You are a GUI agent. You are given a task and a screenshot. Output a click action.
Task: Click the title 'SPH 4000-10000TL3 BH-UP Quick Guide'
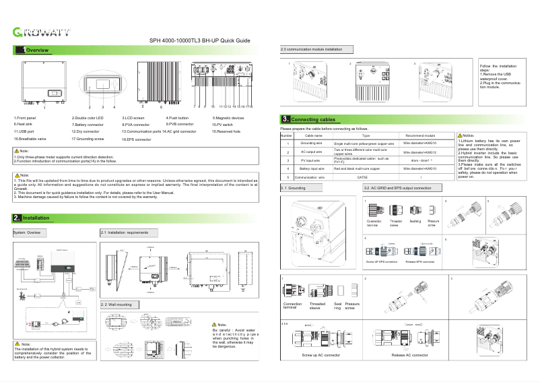tap(199, 41)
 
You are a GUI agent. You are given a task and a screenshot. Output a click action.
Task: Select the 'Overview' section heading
tap(36, 51)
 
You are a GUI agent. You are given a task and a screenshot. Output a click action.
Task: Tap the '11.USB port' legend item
tap(26, 131)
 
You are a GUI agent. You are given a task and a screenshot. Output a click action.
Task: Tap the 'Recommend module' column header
tap(419, 135)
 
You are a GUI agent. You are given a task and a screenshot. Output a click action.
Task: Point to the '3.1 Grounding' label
tap(294, 187)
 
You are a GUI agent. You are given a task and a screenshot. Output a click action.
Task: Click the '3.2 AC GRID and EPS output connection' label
tap(397, 187)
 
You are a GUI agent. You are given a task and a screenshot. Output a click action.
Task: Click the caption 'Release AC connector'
tap(409, 354)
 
